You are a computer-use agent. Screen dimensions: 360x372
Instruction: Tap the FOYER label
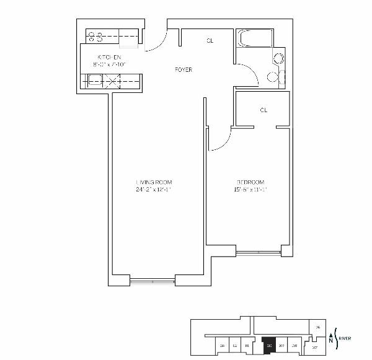point(184,70)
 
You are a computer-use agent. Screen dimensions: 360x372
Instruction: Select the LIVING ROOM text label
point(153,182)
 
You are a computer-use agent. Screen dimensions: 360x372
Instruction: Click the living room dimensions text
point(153,190)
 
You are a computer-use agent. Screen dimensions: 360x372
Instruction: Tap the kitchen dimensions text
point(109,64)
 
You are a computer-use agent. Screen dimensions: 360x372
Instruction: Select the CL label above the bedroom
point(263,110)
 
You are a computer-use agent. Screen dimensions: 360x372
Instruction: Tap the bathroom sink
point(273,77)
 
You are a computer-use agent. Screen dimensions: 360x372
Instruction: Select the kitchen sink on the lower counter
point(96,79)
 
